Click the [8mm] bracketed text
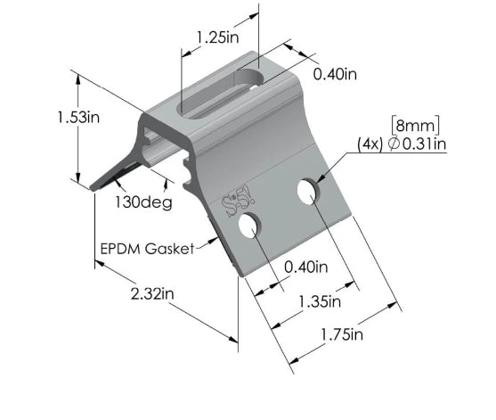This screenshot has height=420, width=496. (416, 124)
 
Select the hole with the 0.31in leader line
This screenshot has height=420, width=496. (307, 191)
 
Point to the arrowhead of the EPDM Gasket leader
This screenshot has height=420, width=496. (217, 239)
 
